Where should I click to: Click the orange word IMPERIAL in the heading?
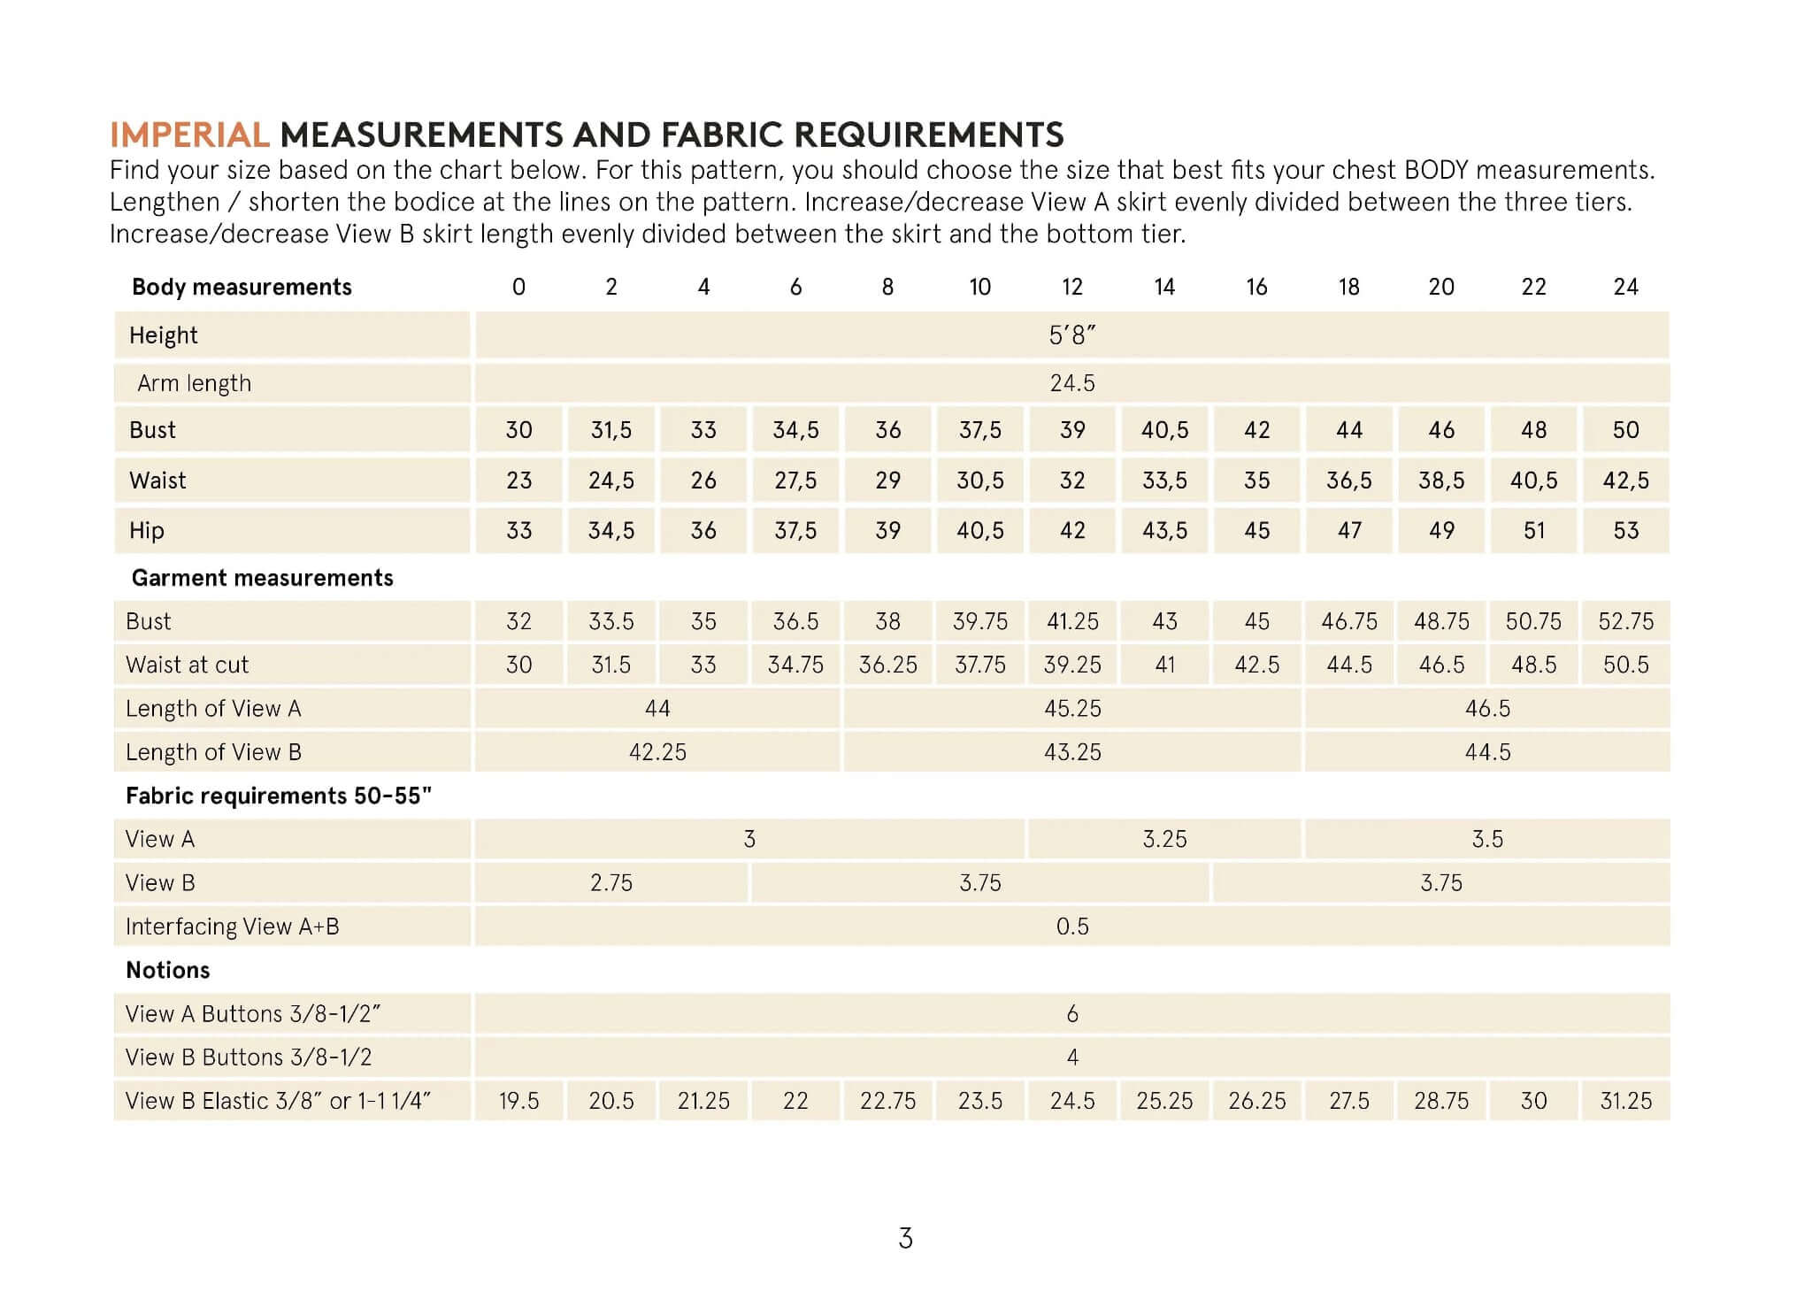(189, 135)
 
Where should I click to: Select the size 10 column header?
(979, 287)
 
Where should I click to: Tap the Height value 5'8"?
(1071, 335)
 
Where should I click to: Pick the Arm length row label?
(194, 383)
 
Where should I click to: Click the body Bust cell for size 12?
(1071, 430)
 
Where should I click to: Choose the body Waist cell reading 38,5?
(1440, 481)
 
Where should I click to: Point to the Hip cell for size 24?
(1625, 531)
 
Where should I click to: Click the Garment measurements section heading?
(262, 578)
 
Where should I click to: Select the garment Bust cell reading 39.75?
(979, 621)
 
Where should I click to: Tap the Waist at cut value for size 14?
(1164, 665)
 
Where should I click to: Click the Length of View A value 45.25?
(1071, 709)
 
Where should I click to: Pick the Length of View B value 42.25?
(657, 752)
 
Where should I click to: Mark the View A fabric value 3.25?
(1164, 839)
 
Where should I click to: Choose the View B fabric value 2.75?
(610, 883)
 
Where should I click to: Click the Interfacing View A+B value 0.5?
(1071, 927)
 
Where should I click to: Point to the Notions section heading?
(167, 970)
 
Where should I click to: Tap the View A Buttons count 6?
(1071, 1014)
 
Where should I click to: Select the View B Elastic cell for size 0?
(518, 1101)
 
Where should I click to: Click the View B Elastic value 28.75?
(1440, 1101)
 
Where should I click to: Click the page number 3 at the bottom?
(905, 1238)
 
